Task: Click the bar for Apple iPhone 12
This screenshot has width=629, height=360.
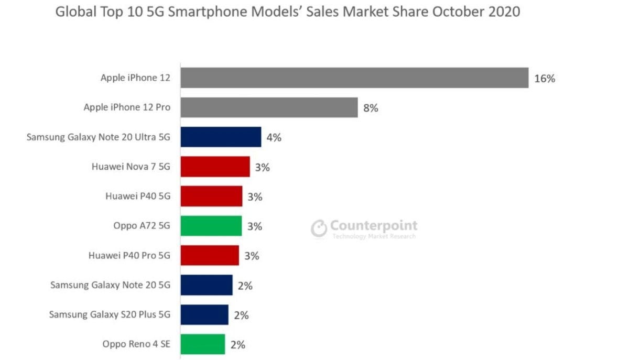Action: tap(354, 78)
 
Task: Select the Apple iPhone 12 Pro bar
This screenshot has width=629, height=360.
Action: tap(269, 107)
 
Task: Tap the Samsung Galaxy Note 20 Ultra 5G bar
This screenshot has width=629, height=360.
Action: tap(221, 137)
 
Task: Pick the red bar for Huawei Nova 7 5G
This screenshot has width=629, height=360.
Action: tap(215, 167)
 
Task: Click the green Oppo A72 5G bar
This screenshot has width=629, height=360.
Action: tap(211, 226)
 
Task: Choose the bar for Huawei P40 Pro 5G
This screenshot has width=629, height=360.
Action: tap(210, 256)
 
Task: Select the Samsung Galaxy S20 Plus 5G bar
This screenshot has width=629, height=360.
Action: tap(204, 315)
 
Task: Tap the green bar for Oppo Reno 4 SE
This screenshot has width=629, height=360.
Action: tap(203, 344)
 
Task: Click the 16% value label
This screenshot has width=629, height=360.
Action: tap(545, 79)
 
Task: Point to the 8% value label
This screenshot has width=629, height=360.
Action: tap(371, 108)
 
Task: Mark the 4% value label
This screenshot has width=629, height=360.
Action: tap(274, 138)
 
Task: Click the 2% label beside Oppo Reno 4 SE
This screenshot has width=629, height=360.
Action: tap(237, 345)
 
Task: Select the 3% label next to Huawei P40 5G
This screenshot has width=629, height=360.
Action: tap(255, 197)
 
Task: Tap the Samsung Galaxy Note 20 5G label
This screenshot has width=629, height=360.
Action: tap(111, 285)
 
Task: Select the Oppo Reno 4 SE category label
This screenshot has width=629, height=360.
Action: tap(137, 344)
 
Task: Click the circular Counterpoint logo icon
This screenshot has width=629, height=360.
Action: tap(319, 229)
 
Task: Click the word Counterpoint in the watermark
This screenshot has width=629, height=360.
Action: tap(374, 226)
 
